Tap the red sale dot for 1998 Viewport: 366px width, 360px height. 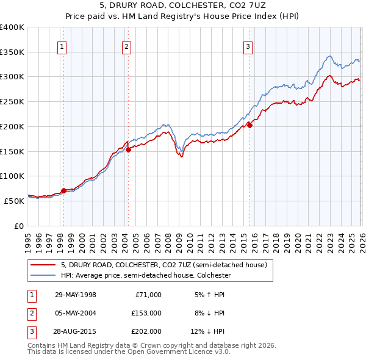point(64,190)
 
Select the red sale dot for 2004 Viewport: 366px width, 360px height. point(128,149)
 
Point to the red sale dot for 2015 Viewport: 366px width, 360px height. point(249,126)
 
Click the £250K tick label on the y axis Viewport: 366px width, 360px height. point(12,101)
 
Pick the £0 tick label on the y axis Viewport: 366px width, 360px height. point(19,226)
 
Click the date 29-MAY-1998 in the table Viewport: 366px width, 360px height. point(75,295)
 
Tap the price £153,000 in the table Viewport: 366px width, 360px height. point(147,313)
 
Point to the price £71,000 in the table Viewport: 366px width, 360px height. point(149,295)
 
